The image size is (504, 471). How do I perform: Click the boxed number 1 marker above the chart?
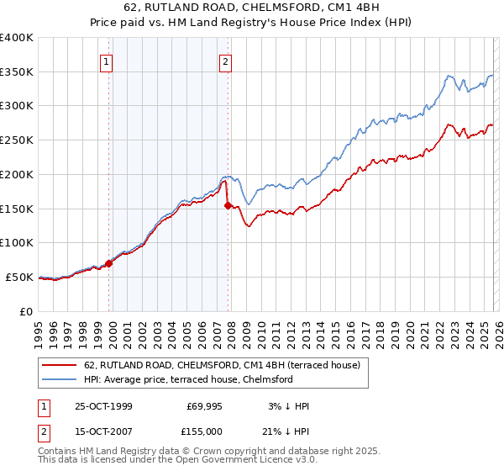(x=108, y=61)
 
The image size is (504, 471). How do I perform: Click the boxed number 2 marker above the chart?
(x=227, y=61)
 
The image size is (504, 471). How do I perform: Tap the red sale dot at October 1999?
(x=109, y=263)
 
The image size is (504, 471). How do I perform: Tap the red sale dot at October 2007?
(x=228, y=204)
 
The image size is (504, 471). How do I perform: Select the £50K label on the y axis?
(x=20, y=277)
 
